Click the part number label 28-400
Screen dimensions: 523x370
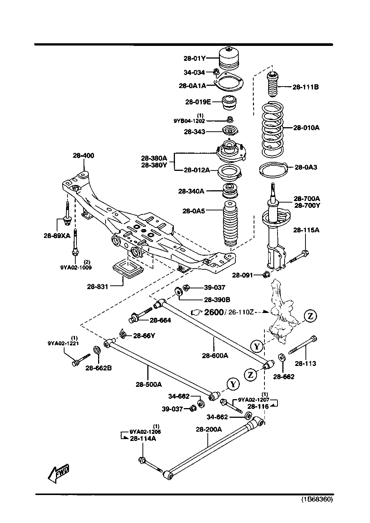point(83,156)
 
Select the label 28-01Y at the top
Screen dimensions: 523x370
point(194,58)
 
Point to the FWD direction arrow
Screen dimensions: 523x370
point(59,472)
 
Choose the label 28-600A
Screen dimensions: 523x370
point(215,356)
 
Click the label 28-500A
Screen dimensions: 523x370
point(148,384)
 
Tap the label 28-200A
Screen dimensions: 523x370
point(208,429)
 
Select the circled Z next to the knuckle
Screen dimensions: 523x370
point(310,316)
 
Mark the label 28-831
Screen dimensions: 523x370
point(97,286)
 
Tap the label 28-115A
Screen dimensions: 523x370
point(306,230)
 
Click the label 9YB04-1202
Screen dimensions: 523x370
point(189,121)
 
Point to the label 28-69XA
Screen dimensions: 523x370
point(57,235)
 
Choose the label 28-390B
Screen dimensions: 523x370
point(217,299)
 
